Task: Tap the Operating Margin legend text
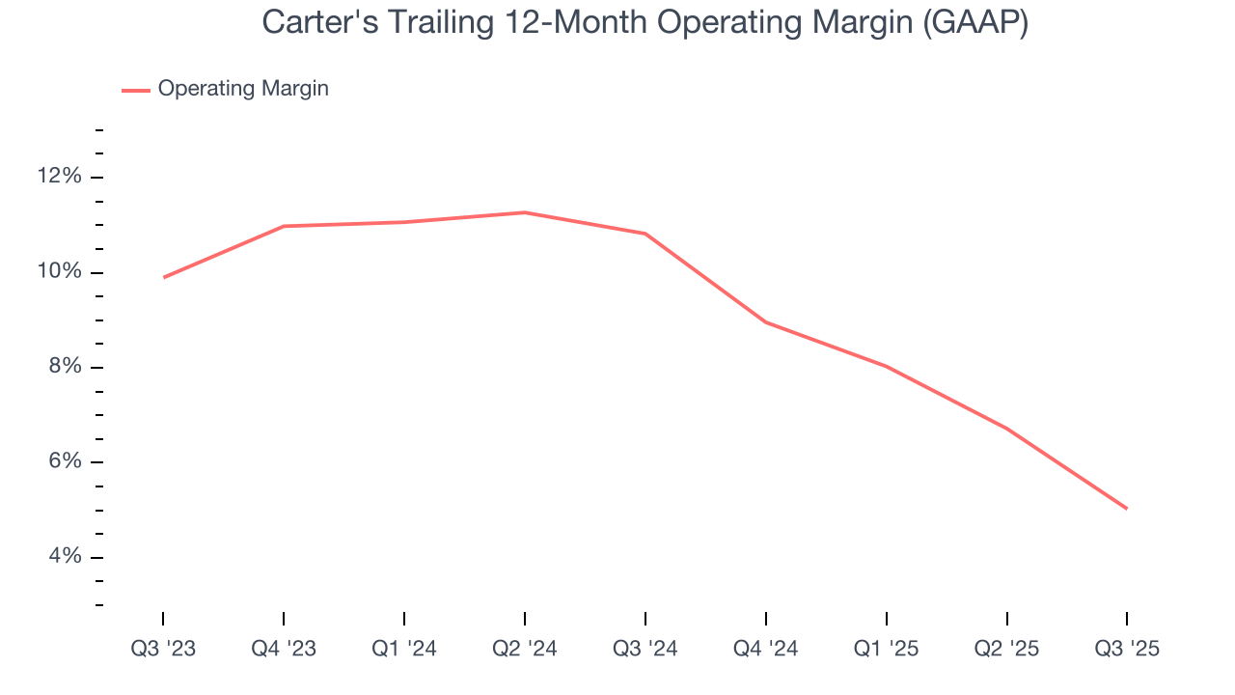243,89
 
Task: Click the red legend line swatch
135,90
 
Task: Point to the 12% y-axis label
60,177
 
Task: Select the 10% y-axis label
60,272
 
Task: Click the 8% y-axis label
65,367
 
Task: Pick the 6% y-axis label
65,462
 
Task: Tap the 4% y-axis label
65,557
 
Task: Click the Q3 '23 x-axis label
163,649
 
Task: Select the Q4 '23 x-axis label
284,649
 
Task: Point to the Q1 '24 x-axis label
404,649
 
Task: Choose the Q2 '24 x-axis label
525,649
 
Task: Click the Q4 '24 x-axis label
766,649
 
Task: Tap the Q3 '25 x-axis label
1127,649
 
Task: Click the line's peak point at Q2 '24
525,212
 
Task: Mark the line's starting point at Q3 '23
163,277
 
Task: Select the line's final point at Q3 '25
1127,509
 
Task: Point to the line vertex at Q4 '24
766,322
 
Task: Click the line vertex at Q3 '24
645,234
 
